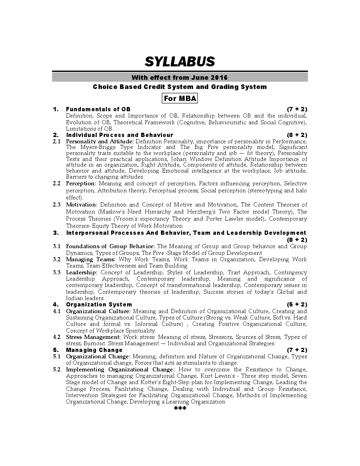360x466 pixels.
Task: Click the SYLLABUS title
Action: (x=180, y=62)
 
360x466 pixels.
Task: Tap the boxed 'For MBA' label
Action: (x=180, y=98)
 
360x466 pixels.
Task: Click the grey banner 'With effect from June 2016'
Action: (x=180, y=77)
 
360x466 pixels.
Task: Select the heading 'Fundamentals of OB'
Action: (x=98, y=109)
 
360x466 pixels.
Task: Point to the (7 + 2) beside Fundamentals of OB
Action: (x=297, y=109)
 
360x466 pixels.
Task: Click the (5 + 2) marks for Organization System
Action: (x=297, y=304)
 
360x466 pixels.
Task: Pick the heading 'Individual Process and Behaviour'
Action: (x=120, y=135)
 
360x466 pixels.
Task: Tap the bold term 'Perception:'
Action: (x=81, y=184)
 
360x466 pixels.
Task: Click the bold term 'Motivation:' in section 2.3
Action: (x=82, y=205)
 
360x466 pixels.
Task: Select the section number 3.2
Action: (x=56, y=259)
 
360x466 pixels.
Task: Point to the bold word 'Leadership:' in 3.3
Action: (x=82, y=273)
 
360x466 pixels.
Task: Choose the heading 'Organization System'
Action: (x=99, y=304)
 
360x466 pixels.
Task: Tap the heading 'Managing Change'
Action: (x=94, y=350)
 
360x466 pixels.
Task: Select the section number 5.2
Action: (x=56, y=370)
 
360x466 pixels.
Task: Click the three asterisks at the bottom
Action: (x=180, y=409)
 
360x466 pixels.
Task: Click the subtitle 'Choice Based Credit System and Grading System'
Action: (x=180, y=87)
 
